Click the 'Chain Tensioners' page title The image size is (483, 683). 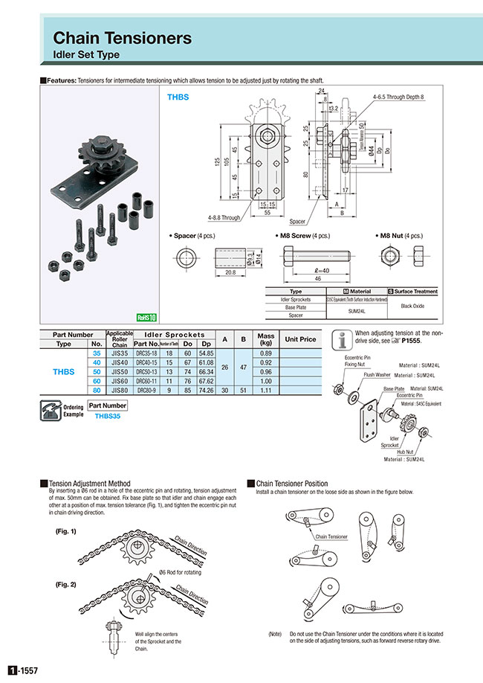pos(122,37)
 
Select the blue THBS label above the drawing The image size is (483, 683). pos(178,96)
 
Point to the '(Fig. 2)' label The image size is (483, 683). pos(67,584)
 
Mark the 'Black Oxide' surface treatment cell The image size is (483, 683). pos(412,307)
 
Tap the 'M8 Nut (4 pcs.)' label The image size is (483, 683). pos(401,234)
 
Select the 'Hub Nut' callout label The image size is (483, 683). pos(406,451)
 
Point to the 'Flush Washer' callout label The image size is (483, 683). pos(377,375)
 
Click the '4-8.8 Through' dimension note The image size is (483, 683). pos(224,218)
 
